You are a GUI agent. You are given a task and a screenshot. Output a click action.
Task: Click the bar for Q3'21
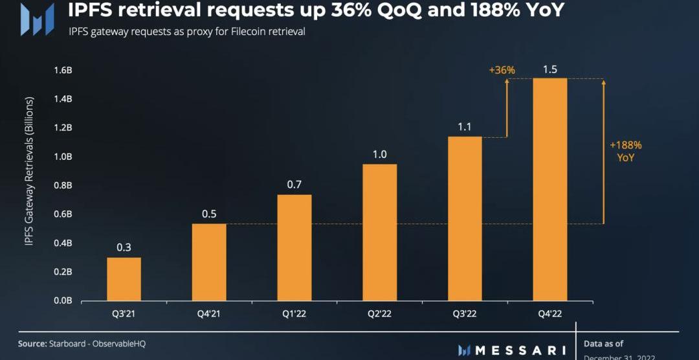124,279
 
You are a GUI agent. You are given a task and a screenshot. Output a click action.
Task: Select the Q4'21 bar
209,262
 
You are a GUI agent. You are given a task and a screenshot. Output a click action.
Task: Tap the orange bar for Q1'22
294,247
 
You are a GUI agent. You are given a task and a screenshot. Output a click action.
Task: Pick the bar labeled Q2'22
380,232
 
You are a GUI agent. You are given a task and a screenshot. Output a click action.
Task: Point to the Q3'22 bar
465,219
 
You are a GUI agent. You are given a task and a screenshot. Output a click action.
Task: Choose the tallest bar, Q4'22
550,190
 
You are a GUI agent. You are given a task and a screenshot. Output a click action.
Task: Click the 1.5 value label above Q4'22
550,69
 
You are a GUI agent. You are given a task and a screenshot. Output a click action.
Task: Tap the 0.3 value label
124,247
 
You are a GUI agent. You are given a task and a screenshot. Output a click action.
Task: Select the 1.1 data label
465,127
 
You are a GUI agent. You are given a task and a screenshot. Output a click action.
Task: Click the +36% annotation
502,70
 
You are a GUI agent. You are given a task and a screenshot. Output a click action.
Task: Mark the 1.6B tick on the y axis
63,70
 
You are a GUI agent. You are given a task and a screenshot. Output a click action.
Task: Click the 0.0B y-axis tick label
63,300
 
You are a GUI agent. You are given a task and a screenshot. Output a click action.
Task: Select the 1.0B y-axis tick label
63,157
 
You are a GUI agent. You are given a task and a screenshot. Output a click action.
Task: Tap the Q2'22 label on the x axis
380,315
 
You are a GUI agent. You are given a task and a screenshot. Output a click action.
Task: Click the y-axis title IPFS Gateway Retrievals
29,171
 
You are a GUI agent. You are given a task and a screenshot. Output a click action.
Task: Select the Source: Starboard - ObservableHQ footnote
82,343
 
